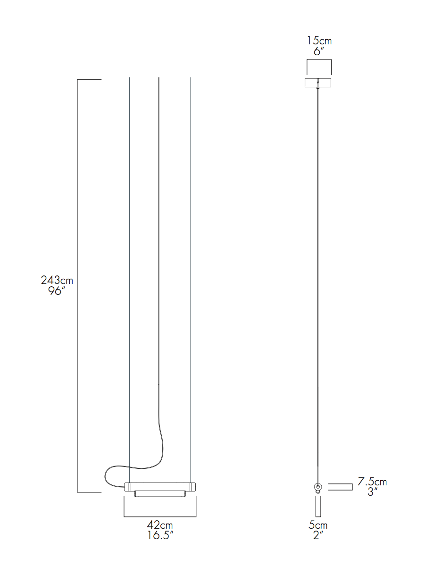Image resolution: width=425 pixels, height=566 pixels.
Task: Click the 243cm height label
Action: (x=57, y=280)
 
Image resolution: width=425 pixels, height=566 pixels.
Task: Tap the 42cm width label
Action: (x=159, y=525)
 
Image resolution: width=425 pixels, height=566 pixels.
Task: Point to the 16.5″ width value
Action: (x=159, y=535)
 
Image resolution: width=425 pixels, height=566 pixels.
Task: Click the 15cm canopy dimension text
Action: (x=319, y=41)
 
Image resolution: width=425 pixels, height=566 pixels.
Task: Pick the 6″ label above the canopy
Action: (x=319, y=51)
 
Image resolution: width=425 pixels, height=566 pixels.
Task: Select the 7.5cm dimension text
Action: (x=372, y=482)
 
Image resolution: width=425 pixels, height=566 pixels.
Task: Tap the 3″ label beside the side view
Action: (x=372, y=492)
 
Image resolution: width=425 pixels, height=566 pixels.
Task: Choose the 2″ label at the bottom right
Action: (x=318, y=535)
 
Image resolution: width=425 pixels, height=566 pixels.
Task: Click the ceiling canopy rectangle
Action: (x=318, y=83)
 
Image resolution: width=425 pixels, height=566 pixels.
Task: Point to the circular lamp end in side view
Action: (x=318, y=486)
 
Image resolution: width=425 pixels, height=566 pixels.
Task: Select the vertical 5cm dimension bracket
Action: (x=318, y=506)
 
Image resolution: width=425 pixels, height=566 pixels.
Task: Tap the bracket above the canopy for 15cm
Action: (x=319, y=60)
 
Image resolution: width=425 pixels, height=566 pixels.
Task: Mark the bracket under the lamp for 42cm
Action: (x=159, y=516)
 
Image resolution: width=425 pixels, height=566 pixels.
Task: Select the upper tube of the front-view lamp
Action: (x=159, y=486)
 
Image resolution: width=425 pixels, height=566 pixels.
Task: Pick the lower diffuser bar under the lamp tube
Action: (x=159, y=494)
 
